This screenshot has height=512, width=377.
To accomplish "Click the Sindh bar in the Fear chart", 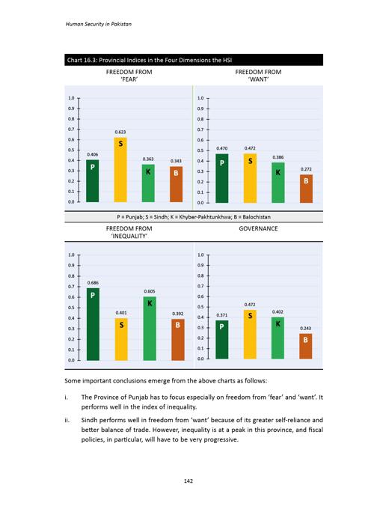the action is [x=120, y=170].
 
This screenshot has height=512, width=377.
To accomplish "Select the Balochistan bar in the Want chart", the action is [x=306, y=189].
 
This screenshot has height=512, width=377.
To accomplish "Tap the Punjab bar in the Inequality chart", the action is [x=93, y=324].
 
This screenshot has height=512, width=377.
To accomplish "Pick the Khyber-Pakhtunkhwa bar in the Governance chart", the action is [x=278, y=338].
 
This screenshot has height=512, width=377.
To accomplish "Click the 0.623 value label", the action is [x=120, y=132].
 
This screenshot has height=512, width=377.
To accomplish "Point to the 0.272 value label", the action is [x=306, y=169].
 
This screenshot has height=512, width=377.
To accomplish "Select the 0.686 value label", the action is [x=93, y=283].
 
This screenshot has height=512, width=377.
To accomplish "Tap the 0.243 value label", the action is [x=305, y=328].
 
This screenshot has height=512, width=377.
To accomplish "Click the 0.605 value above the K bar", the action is [x=150, y=291].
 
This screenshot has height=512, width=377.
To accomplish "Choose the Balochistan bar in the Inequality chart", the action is [x=178, y=340].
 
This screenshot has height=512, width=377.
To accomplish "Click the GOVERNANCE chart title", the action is [x=258, y=228].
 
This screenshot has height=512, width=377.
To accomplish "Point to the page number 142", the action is [x=188, y=481].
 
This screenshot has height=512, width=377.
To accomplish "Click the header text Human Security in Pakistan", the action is [x=99, y=24].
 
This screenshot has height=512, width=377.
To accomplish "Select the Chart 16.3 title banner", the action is [x=194, y=60].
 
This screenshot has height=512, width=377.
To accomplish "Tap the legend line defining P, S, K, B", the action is [x=194, y=217].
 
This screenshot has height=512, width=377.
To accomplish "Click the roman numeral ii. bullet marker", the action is [x=67, y=420].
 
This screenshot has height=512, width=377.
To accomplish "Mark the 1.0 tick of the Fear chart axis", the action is [x=71, y=98].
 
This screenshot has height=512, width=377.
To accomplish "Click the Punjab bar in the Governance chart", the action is [x=222, y=340].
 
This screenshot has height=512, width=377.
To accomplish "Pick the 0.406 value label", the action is [x=92, y=154].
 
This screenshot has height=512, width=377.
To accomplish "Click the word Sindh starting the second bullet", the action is [x=89, y=420].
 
